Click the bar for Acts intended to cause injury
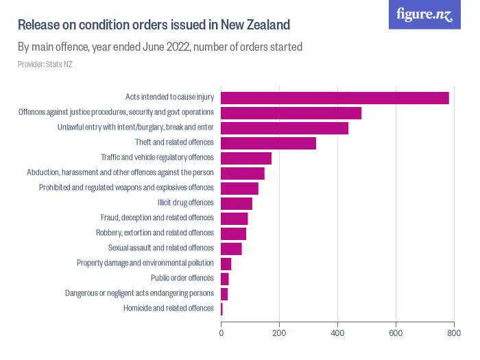(x=335, y=98)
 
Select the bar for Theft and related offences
(x=268, y=143)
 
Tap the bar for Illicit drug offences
(x=237, y=203)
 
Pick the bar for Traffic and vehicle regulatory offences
(x=246, y=158)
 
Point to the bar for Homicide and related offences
(x=221, y=309)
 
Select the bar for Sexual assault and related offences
(x=231, y=248)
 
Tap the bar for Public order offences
(x=225, y=278)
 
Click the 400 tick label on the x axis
(x=337, y=333)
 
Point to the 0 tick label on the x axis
(x=221, y=333)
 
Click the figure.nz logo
(x=424, y=14)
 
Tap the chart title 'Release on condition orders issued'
(x=154, y=25)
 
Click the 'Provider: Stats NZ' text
(x=45, y=64)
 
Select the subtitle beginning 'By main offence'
(x=160, y=47)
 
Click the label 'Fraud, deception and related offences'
(x=158, y=218)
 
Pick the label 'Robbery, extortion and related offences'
(x=155, y=233)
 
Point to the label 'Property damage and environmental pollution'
(x=145, y=263)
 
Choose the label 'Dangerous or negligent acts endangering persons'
(x=140, y=293)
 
